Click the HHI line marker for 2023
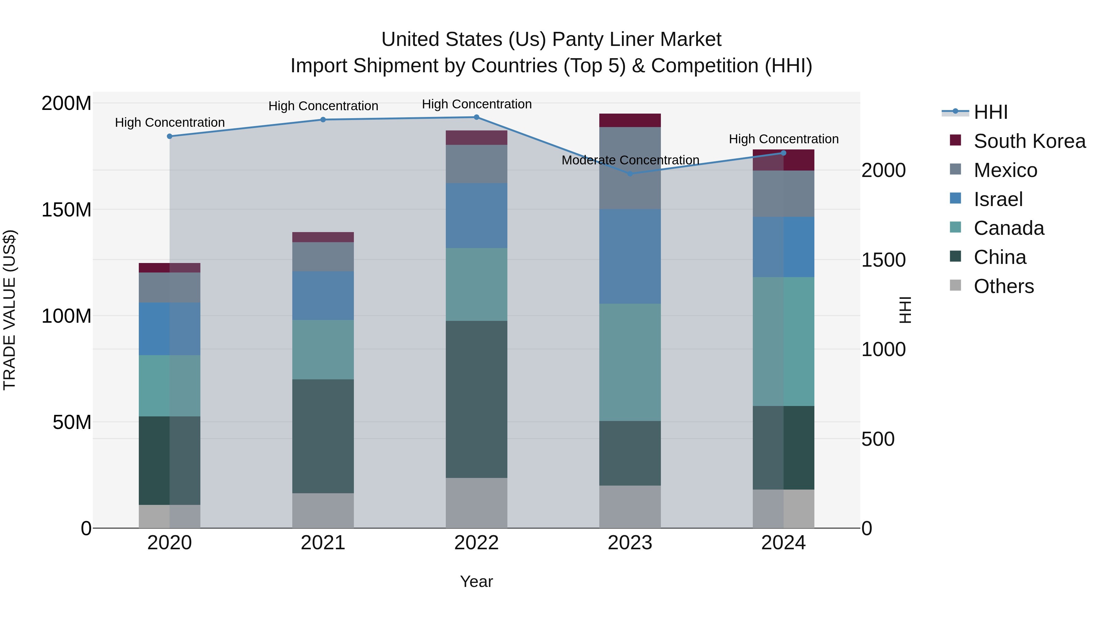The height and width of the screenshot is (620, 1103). (630, 174)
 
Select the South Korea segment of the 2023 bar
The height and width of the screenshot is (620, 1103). (630, 120)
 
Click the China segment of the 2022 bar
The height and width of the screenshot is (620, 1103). (476, 399)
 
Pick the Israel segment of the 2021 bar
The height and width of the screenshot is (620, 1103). (323, 295)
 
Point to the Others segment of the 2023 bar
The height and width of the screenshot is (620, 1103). (630, 507)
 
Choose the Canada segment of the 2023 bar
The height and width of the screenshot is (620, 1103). (630, 362)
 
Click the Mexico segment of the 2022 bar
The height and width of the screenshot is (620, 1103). (476, 164)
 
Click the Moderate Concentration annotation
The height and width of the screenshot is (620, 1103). (630, 160)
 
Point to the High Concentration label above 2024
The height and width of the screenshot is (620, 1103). (783, 139)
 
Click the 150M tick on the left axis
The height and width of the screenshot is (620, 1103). (66, 210)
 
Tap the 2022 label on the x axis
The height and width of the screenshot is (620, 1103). (476, 543)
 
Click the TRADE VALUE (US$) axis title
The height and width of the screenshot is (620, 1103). (9, 310)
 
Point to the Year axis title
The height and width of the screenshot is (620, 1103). (476, 581)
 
